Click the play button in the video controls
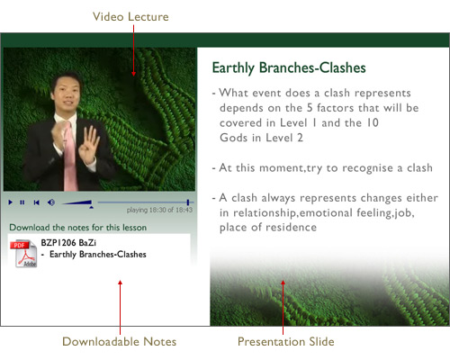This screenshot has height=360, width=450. click(11, 202)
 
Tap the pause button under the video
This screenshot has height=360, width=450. click(22, 202)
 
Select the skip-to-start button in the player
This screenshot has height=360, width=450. click(36, 202)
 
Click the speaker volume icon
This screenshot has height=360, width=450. click(51, 202)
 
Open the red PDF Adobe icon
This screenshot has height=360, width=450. click(23, 253)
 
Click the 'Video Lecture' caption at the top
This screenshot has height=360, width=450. click(130, 17)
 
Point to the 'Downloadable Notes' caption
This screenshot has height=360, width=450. click(119, 342)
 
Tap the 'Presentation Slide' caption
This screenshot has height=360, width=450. click(285, 342)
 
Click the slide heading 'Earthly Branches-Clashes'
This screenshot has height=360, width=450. click(289, 67)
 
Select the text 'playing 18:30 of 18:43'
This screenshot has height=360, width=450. click(159, 210)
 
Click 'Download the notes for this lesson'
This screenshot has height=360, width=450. click(78, 228)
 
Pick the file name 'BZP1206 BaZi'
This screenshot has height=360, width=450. click(68, 242)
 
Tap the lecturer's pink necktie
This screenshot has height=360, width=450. click(70, 156)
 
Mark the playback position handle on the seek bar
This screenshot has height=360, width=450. click(188, 202)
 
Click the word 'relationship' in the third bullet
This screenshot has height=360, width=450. click(265, 213)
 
